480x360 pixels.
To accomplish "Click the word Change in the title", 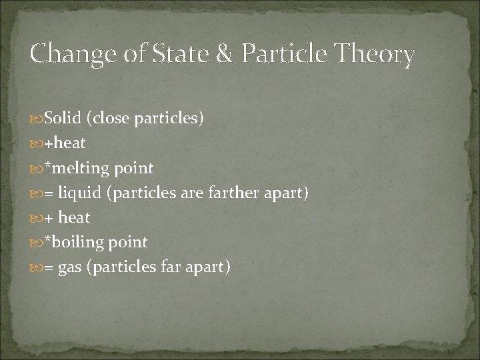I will pos(65,54).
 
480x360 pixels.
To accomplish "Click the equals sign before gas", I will pos(49,267).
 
